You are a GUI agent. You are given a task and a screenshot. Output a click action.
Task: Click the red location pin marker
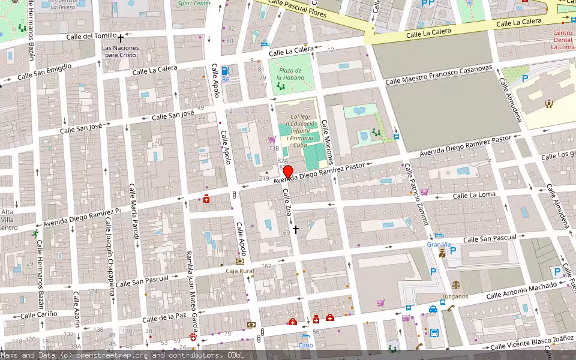(x=287, y=172)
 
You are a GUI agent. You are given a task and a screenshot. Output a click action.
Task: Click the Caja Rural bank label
(x=239, y=271)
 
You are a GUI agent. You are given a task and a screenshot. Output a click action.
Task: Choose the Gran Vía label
(x=439, y=244)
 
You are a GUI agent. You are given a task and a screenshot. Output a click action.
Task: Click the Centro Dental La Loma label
(x=562, y=40)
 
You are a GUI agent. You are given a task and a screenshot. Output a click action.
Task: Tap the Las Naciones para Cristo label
(x=120, y=52)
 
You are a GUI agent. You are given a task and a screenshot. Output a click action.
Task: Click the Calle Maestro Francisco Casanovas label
(x=439, y=75)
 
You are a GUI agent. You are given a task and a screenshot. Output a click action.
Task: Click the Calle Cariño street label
(x=39, y=314)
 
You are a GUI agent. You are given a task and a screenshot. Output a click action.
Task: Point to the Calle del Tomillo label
(x=83, y=36)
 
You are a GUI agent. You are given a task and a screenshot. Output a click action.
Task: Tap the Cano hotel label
(x=305, y=345)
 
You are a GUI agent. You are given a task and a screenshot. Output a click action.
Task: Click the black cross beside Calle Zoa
(x=295, y=229)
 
